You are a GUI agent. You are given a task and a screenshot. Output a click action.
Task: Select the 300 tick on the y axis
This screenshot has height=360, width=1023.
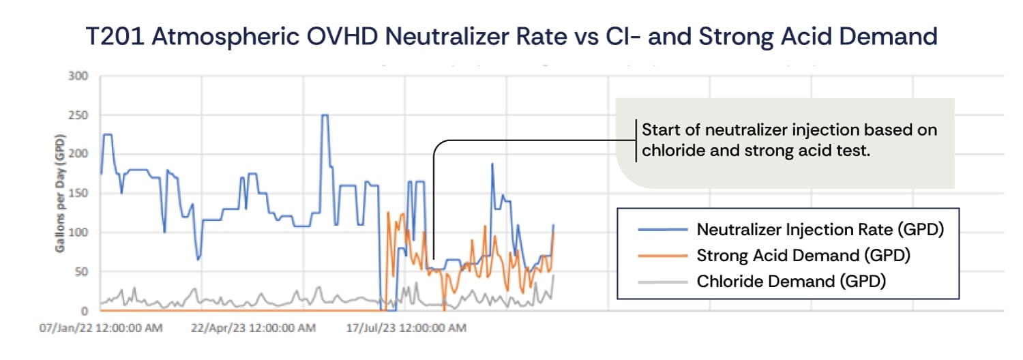pyautogui.click(x=79, y=75)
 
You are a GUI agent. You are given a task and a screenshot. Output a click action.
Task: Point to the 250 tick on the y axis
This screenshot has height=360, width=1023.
pyautogui.click(x=79, y=115)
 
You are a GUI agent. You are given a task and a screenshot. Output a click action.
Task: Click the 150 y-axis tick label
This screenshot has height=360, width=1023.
pyautogui.click(x=79, y=193)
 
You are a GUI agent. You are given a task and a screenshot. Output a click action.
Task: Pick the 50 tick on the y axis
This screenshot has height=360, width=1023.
pyautogui.click(x=82, y=272)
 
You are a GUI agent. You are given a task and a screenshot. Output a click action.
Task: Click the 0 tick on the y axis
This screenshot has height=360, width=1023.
pyautogui.click(x=85, y=311)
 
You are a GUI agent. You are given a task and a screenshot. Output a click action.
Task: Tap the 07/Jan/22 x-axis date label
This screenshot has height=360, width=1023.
pyautogui.click(x=101, y=329)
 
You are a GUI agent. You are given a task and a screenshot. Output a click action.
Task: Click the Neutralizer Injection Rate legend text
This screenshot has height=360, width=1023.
pyautogui.click(x=820, y=230)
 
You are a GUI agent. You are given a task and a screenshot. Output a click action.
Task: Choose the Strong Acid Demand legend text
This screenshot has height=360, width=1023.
pyautogui.click(x=803, y=256)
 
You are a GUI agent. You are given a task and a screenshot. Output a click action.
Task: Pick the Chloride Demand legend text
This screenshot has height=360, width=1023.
pyautogui.click(x=791, y=281)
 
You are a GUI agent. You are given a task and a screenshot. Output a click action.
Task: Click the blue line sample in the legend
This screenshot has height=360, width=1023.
pyautogui.click(x=662, y=230)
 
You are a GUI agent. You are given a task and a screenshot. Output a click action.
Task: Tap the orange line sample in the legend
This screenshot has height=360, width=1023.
pyautogui.click(x=662, y=256)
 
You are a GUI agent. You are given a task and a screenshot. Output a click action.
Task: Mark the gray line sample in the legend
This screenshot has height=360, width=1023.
pyautogui.click(x=662, y=281)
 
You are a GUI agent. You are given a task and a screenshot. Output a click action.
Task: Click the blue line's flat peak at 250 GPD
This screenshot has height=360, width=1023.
pyautogui.click(x=325, y=115)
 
